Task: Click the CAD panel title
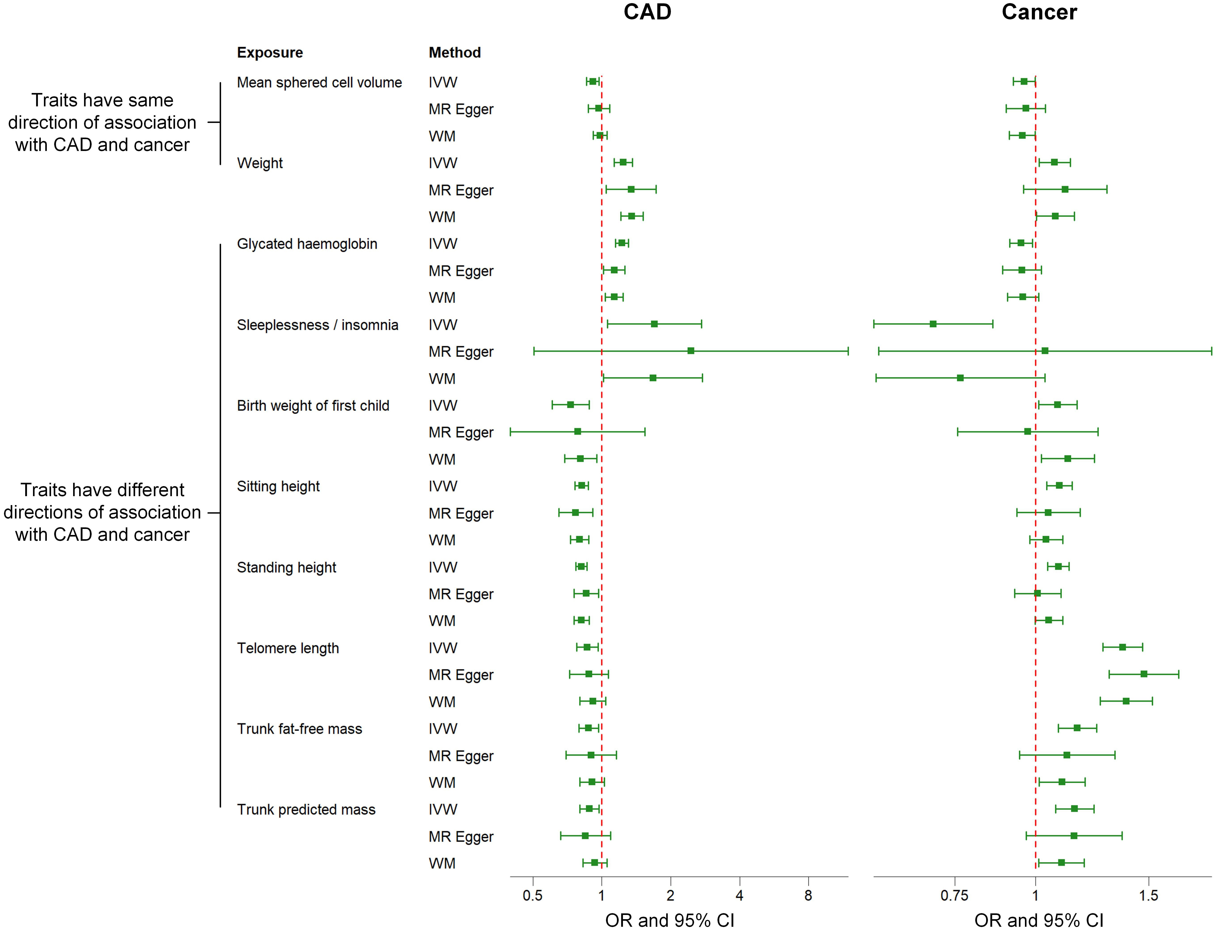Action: [x=647, y=12]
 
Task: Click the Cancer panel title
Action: [x=1039, y=12]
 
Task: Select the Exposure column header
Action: [x=270, y=53]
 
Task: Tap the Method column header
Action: [x=454, y=53]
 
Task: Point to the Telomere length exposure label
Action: [x=288, y=648]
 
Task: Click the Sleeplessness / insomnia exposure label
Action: [x=317, y=325]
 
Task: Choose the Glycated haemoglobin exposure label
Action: [x=307, y=244]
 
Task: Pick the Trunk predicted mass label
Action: [x=306, y=810]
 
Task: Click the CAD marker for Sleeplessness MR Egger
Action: [x=690, y=351]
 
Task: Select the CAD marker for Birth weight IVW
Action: [x=570, y=405]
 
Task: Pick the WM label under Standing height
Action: [x=442, y=621]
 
